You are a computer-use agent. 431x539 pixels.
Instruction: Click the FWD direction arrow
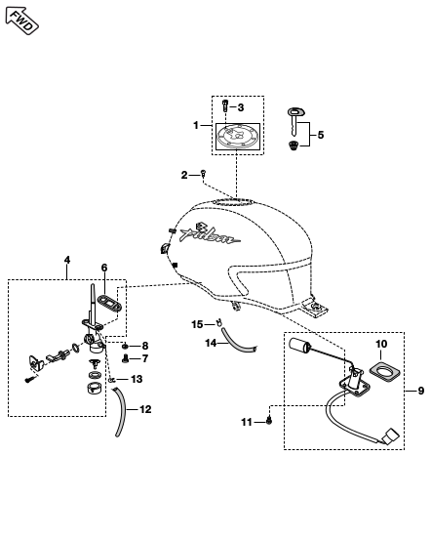click(22, 21)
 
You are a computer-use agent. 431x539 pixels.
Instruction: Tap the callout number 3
click(241, 107)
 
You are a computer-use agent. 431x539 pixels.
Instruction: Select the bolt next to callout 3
click(225, 105)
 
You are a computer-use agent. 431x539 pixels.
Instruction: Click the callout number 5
click(321, 135)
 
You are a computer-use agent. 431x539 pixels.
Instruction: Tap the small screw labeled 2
click(203, 174)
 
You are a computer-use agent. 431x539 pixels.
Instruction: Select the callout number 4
click(67, 260)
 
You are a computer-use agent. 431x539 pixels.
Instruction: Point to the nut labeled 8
click(125, 346)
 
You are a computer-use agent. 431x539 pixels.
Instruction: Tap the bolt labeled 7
click(125, 359)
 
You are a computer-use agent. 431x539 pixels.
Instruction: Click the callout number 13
click(137, 379)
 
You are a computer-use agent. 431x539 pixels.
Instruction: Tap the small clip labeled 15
click(218, 323)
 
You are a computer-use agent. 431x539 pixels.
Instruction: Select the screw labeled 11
click(269, 420)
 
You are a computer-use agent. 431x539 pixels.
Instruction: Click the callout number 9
click(420, 391)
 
